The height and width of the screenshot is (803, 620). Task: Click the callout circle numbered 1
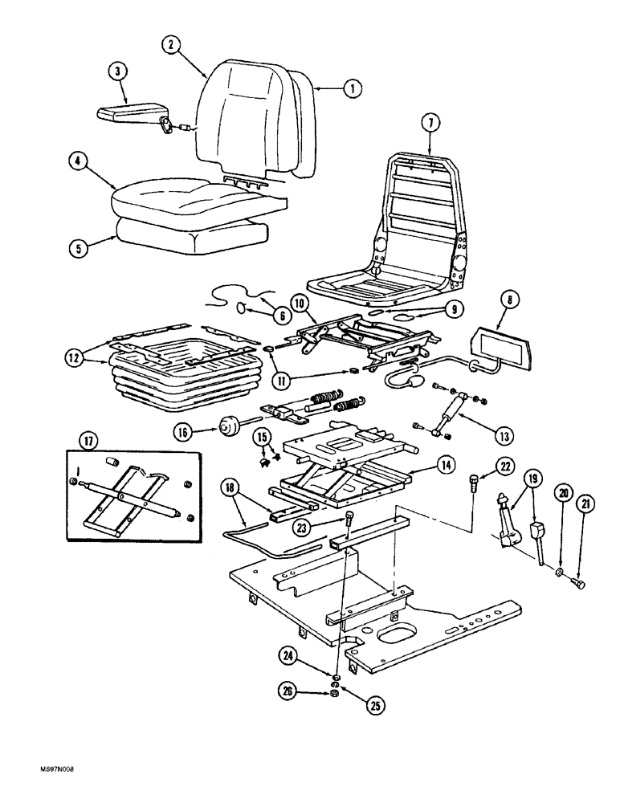click(x=350, y=90)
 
